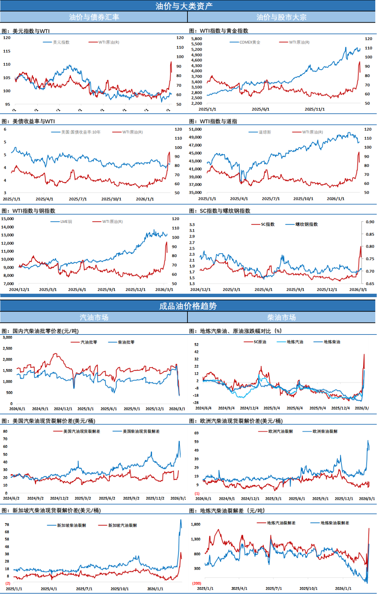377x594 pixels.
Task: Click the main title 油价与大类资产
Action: [x=184, y=6]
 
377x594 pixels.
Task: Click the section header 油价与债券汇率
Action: [x=94, y=17]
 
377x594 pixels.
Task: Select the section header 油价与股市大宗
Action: [x=281, y=17]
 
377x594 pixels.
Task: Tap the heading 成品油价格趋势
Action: [x=188, y=306]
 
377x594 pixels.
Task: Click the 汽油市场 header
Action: [x=94, y=317]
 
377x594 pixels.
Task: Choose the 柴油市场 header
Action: [x=281, y=317]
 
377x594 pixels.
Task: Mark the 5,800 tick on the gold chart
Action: [x=197, y=39]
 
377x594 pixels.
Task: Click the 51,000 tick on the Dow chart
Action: [x=195, y=129]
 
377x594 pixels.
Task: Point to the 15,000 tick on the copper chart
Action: [x=7, y=219]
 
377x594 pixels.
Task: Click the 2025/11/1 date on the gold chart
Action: [x=315, y=109]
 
